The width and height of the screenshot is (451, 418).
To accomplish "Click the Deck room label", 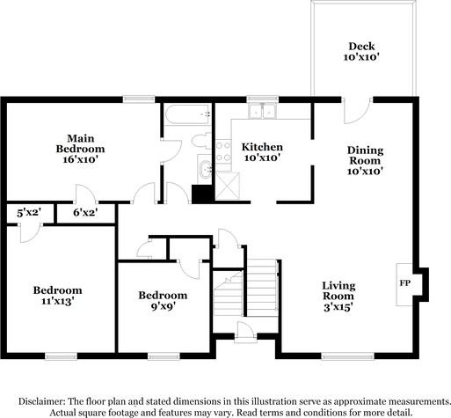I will coord(360,46).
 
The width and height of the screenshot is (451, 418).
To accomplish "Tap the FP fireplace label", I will coord(405,283).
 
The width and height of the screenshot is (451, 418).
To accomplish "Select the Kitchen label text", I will coord(261,146).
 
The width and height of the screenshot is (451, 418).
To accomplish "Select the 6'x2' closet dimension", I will coord(84,212).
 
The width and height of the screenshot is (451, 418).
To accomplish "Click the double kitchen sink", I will coord(261,112).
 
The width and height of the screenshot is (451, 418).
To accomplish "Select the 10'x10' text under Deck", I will coord(360,57).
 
